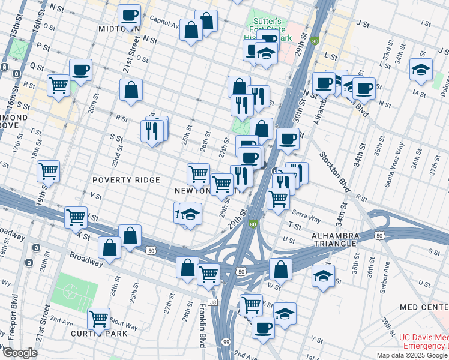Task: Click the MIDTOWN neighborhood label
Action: pos(119,29)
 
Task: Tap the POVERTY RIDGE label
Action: pos(126,180)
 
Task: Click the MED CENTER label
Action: pos(424,308)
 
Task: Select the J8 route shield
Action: pos(212,302)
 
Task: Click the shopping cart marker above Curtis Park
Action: pos(98,318)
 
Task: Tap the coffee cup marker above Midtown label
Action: pos(128,14)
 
